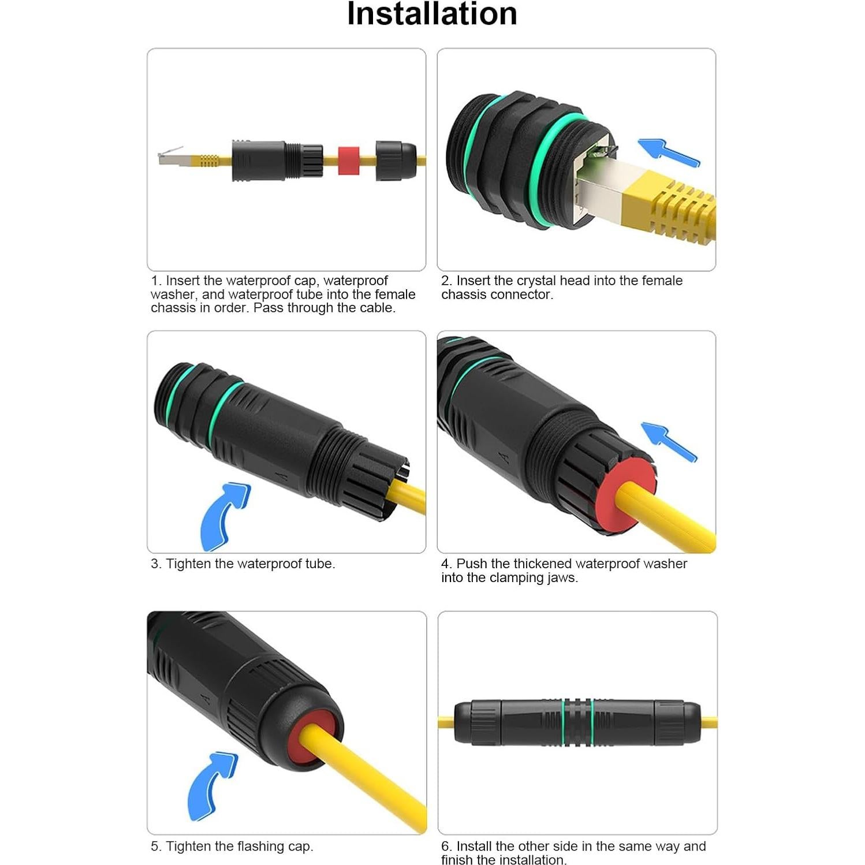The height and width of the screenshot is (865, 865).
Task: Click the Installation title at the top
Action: click(x=432, y=14)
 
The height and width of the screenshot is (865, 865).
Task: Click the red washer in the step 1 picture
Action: click(x=348, y=160)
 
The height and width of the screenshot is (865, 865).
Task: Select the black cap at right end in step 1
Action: click(x=396, y=160)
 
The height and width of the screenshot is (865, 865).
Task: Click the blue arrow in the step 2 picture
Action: click(x=668, y=152)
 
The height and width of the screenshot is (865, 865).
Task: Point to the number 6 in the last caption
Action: click(x=445, y=847)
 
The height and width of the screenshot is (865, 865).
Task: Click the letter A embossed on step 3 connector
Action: click(x=282, y=477)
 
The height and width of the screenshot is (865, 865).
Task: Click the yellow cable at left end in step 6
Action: click(x=446, y=721)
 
